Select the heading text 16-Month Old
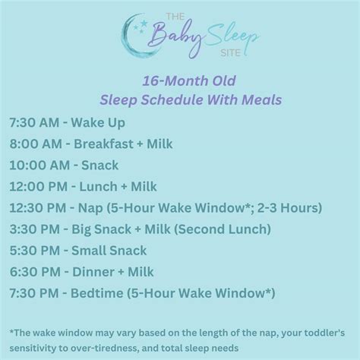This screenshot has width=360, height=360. pyautogui.click(x=179, y=81)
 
